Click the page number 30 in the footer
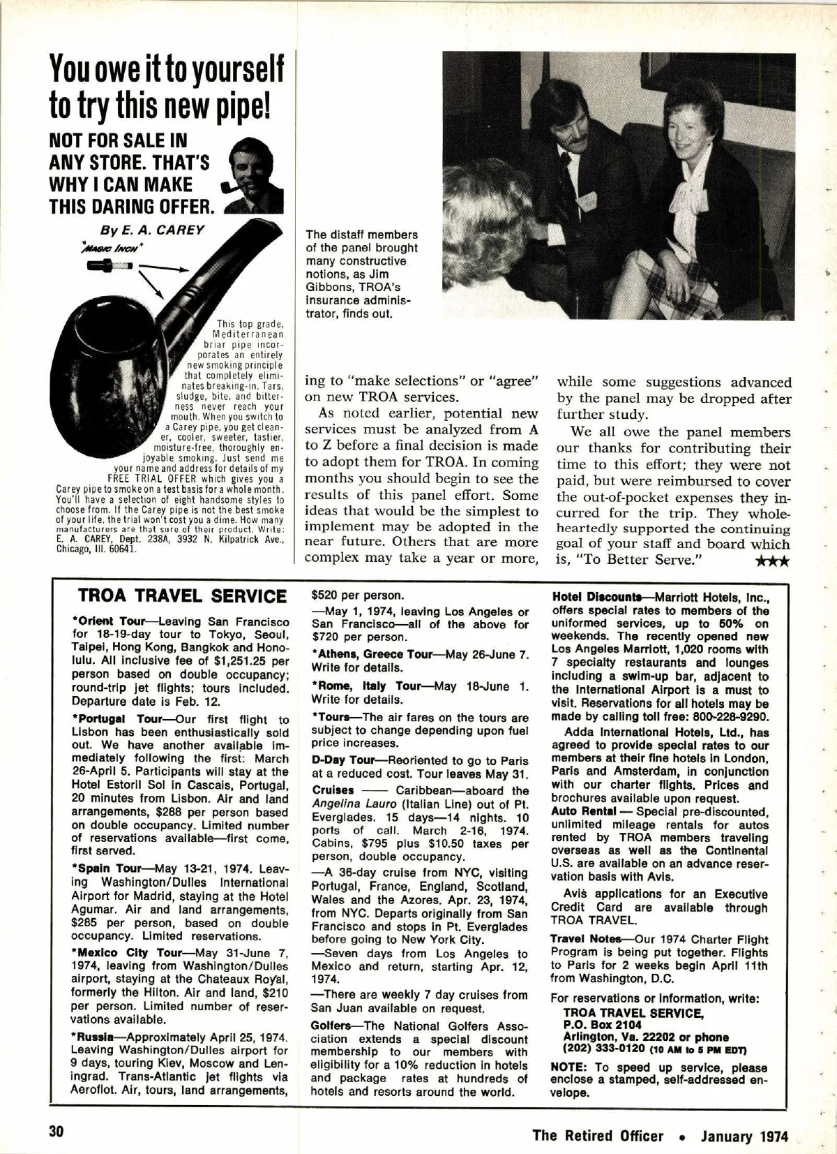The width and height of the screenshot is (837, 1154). tap(56, 1132)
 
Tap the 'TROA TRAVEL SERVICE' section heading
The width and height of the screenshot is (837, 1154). tap(183, 596)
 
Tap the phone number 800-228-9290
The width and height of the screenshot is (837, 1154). tap(729, 717)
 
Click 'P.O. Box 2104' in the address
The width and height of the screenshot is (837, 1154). tap(599, 1024)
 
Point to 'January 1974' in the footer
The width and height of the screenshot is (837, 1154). tap(744, 1135)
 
